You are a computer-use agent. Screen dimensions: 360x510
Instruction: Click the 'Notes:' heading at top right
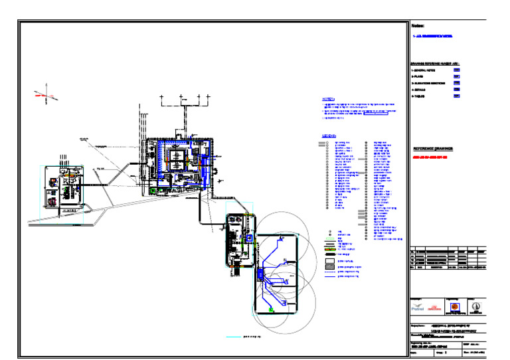[418, 25]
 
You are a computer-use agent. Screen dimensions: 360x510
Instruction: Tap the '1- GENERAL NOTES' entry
[428, 69]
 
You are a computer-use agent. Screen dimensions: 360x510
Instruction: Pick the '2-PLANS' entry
[420, 76]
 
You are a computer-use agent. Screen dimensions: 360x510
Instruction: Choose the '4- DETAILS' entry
[423, 89]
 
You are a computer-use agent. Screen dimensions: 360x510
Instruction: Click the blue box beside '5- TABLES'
[457, 96]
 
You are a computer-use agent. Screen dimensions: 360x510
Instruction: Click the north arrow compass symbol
[46, 96]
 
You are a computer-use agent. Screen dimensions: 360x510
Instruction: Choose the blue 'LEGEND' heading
[328, 136]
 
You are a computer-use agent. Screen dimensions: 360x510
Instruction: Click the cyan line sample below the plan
[233, 337]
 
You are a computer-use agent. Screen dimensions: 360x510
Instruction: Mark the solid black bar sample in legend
[329, 253]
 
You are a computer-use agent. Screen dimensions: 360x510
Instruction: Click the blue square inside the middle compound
[249, 237]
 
